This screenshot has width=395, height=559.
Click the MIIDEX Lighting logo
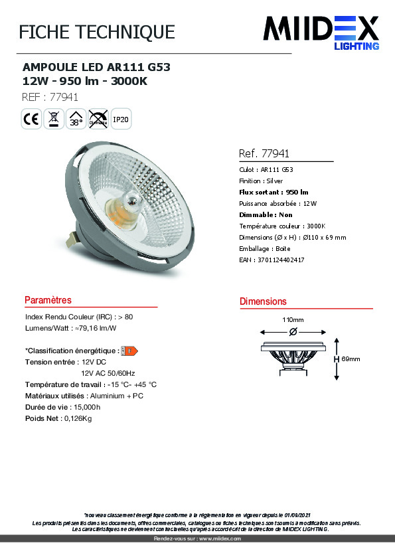(321, 33)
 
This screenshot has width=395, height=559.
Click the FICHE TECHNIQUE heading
(97, 32)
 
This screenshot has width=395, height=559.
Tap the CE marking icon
(31, 120)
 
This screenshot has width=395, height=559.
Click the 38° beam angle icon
(76, 120)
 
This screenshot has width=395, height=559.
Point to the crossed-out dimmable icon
(98, 120)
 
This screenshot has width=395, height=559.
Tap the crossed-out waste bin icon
(54, 120)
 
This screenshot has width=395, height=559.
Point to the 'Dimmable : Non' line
(266, 214)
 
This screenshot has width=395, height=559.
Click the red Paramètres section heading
(48, 301)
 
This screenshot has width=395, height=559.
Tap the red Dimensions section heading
(263, 301)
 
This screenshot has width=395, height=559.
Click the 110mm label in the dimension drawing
(293, 319)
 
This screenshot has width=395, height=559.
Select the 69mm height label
(351, 359)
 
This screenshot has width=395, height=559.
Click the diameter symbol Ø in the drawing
(293, 331)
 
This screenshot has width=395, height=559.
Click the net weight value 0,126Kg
(77, 418)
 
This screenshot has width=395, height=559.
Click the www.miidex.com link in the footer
(220, 538)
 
